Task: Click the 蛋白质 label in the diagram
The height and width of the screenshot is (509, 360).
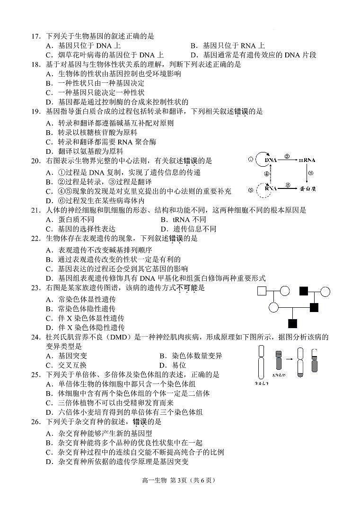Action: click(307, 188)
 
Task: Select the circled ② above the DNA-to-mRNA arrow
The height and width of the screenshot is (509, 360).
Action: click(287, 156)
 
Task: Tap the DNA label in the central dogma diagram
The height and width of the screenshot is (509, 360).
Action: click(271, 160)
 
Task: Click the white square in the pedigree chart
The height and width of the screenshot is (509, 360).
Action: click(262, 291)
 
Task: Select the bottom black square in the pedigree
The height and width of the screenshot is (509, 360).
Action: click(292, 323)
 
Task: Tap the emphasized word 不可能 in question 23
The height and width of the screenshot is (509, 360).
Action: click(187, 287)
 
